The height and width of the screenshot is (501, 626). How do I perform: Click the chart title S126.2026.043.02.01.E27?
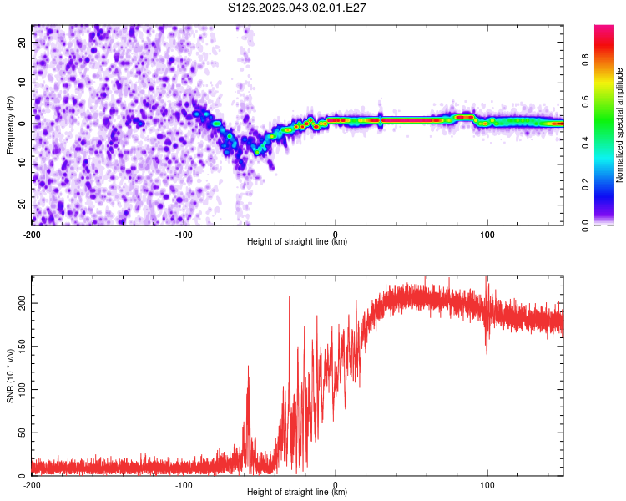coord(297,8)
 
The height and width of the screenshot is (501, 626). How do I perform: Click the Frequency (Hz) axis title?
coord(10,125)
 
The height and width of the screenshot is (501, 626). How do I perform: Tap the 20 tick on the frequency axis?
coord(23,42)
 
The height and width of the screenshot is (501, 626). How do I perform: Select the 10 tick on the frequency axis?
coord(23,83)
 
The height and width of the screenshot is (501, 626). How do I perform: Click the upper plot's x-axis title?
coord(297,242)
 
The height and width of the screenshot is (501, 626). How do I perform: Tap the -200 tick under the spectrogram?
coord(32,235)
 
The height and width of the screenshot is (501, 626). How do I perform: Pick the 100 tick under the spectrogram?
coord(487,235)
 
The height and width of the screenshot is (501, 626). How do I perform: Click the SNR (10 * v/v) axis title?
coord(10,376)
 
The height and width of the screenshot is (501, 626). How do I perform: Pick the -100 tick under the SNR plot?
coord(184,485)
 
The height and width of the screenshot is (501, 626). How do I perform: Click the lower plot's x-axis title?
coord(297,493)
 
